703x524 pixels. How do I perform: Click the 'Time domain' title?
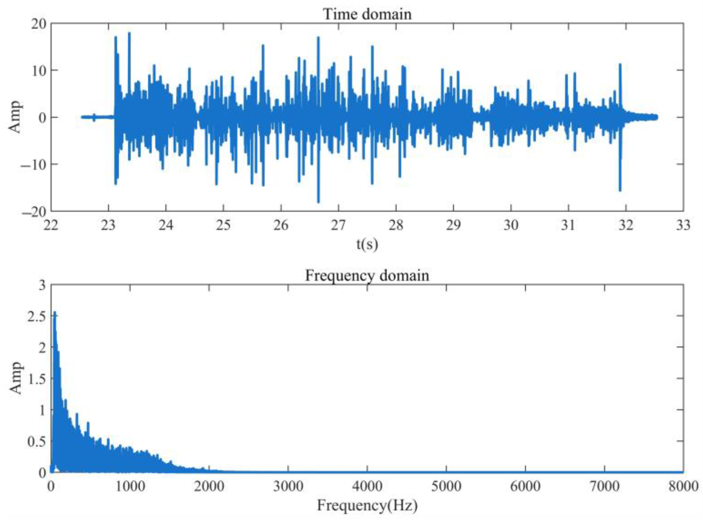tap(367, 14)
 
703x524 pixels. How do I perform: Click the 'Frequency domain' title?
tap(367, 275)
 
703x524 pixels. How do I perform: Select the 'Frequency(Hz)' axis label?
tap(367, 505)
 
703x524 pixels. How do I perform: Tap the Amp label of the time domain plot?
tap(15, 117)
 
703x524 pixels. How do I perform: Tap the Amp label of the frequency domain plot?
tap(15, 378)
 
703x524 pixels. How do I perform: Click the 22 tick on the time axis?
tap(51, 225)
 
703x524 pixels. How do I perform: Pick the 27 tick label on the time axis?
tap(338, 225)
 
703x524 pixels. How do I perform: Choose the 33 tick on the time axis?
tap(683, 225)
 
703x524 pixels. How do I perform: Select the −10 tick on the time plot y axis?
tap(34, 164)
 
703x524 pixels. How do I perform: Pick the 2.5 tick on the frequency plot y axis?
tap(36, 316)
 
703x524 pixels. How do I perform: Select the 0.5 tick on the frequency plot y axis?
tap(36, 442)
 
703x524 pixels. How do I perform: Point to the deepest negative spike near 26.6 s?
tap(318, 202)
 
